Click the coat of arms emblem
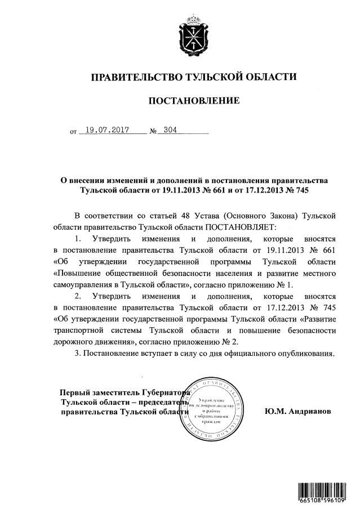(x=194, y=35)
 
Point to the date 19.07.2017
(x=104, y=130)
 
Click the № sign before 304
(x=152, y=131)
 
